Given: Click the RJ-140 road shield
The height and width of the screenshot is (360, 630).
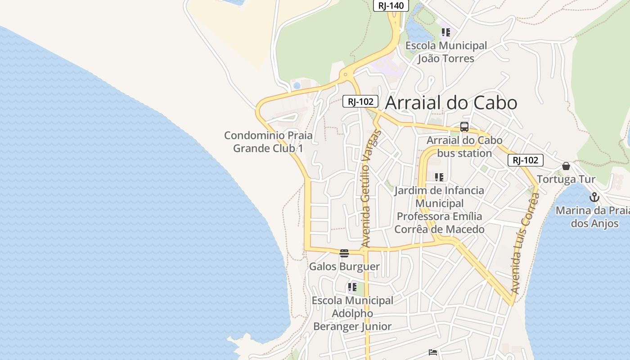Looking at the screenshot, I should tap(391, 5).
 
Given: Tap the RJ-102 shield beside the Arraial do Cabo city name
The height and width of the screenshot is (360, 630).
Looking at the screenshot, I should tap(360, 101).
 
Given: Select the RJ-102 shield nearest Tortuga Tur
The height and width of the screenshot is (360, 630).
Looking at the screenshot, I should tap(525, 160).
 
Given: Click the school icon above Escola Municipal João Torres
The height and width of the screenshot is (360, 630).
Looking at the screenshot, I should tap(446, 32).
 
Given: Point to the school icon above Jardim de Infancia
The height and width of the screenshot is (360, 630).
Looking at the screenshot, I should tap(439, 177).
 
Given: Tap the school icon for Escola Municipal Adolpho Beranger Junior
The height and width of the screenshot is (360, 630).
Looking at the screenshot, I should tap(352, 287).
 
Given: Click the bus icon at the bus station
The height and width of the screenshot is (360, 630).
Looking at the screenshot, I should tap(464, 127).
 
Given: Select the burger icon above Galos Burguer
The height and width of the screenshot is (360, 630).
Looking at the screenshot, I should tap(344, 253).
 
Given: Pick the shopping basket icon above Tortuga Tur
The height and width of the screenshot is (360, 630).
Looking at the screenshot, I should tap(566, 166).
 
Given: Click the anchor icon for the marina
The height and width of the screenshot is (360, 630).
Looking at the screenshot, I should tap(594, 197).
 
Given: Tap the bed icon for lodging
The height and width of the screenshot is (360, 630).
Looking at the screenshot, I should tap(433, 352).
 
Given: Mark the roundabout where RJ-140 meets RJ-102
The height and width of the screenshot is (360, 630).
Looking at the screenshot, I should tap(345, 75).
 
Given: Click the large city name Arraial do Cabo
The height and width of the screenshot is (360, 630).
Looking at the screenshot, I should tap(451, 103).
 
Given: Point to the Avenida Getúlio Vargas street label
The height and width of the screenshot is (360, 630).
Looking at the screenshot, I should tap(370, 189).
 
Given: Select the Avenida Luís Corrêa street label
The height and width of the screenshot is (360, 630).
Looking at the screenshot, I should tap(525, 243).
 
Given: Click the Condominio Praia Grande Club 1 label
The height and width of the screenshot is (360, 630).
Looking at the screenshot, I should tap(268, 142).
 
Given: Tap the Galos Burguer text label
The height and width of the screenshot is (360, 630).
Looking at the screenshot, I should tap(344, 266).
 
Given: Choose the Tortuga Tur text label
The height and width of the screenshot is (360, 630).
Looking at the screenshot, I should tap(566, 179).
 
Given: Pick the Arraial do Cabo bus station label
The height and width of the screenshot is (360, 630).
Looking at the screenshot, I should tap(464, 147).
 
